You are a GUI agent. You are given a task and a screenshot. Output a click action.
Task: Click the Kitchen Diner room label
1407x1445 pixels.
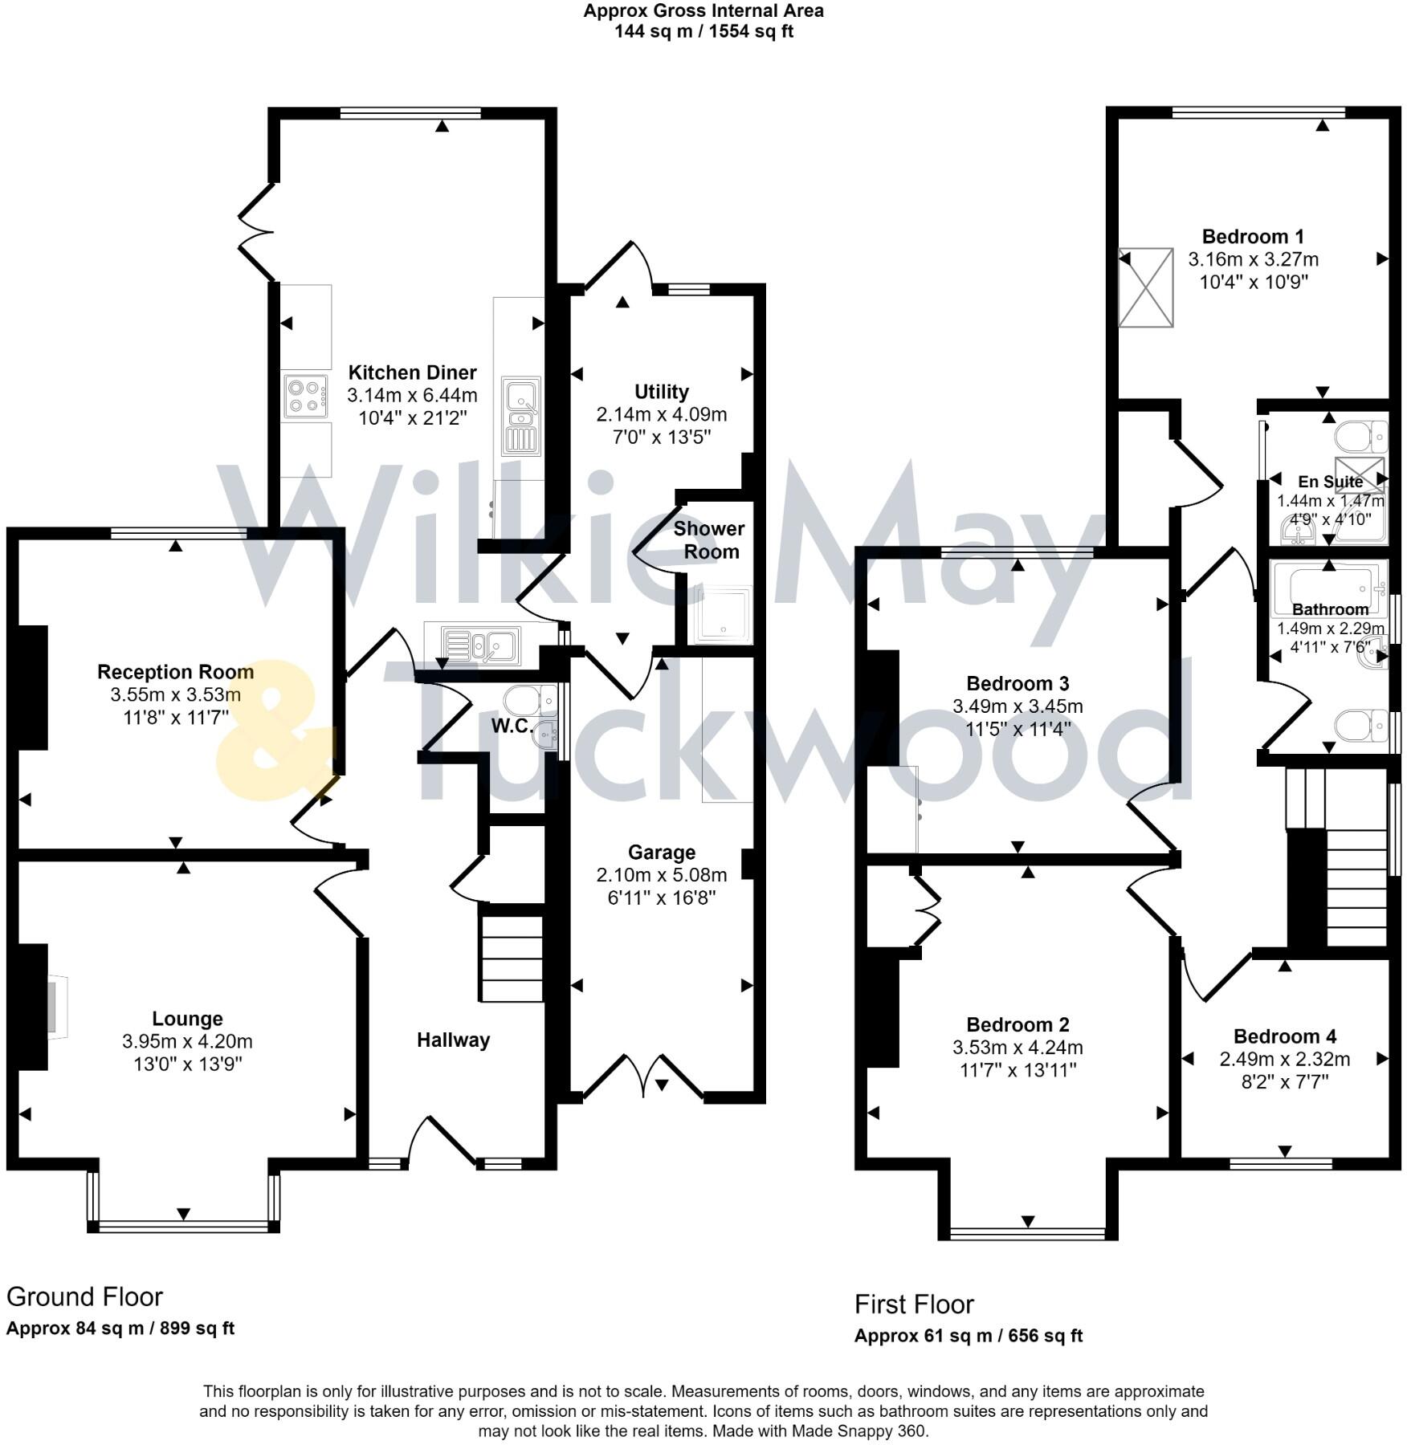412,372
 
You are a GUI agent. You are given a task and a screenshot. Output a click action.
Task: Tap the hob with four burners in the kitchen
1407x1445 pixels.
306,396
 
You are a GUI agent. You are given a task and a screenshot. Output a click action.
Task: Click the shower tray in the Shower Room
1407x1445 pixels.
724,615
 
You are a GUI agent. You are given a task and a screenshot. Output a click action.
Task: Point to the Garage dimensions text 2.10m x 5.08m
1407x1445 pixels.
661,875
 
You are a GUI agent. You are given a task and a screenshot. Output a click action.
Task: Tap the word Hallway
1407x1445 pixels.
453,1040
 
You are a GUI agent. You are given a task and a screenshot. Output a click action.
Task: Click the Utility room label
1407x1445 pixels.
661,392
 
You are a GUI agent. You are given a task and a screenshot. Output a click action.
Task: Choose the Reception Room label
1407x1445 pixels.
175,672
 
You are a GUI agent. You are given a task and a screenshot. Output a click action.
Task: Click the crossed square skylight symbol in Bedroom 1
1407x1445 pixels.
1146,287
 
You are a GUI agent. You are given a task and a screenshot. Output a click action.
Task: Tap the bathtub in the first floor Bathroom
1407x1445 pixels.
1329,588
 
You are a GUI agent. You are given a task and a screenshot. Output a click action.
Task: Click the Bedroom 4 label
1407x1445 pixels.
1284,1036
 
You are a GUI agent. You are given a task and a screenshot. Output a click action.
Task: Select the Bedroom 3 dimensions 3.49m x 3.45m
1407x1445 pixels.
1017,706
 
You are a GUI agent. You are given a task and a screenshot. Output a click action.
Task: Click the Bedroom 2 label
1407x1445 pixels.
1017,1025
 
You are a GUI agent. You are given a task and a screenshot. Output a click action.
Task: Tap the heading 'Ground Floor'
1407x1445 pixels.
84,1296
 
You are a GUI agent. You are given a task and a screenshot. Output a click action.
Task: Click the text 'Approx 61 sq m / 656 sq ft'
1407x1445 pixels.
968,1336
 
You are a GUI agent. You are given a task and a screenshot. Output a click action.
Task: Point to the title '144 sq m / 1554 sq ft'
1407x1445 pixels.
703,32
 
